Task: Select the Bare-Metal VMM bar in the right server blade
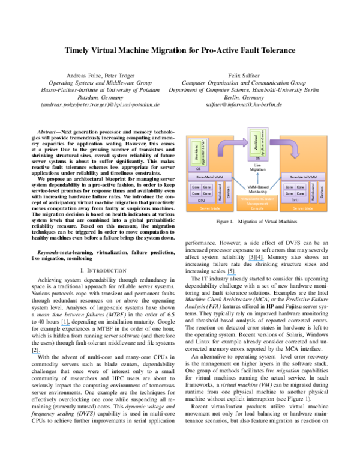point(303,177)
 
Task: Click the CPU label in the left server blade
point(202,200)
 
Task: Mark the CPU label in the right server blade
point(295,200)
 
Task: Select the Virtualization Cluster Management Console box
point(257,202)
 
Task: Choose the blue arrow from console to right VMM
point(275,184)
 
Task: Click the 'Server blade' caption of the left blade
point(210,208)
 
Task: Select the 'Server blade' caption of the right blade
point(303,208)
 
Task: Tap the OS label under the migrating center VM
point(257,158)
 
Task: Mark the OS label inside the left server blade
point(198,169)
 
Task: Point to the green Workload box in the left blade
point(195,152)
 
